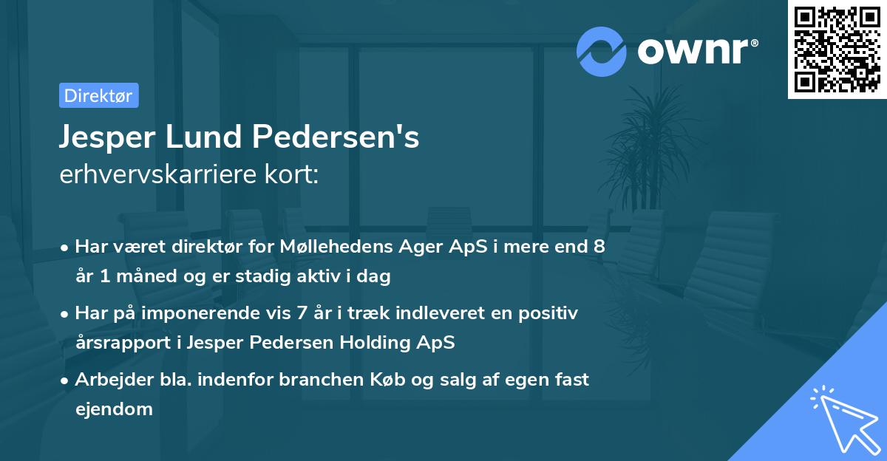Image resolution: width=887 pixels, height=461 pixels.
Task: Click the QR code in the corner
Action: tap(837, 49)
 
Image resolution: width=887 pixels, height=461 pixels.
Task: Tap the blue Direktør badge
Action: tap(98, 95)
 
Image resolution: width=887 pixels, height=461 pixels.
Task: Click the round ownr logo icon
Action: tap(602, 51)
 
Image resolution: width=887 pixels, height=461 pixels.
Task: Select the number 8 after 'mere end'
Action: tap(598, 247)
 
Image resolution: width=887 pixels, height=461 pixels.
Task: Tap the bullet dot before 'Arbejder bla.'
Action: tap(65, 380)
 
